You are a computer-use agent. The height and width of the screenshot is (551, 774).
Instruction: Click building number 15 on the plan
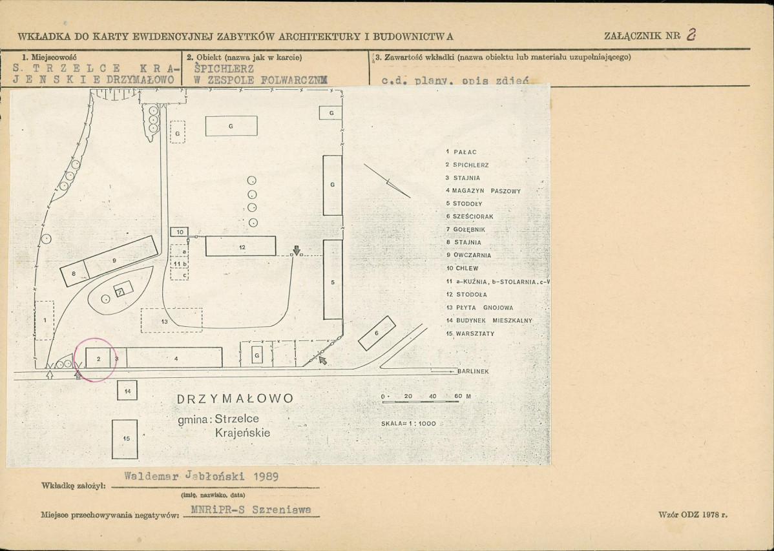[126, 439]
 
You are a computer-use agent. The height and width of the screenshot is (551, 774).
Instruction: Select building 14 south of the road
[127, 391]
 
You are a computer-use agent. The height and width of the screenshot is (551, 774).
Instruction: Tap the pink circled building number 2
[98, 358]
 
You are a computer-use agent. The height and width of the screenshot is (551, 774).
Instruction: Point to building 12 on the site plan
[241, 247]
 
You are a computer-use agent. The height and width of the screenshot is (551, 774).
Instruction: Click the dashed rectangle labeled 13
[171, 320]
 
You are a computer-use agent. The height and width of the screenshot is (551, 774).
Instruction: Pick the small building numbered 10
[180, 231]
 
